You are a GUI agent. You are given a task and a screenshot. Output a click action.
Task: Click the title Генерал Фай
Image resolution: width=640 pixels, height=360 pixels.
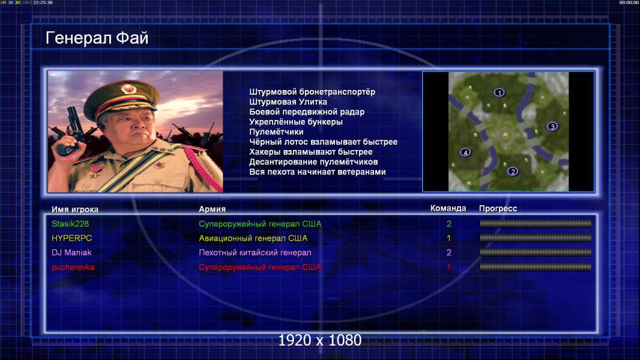point(97,38)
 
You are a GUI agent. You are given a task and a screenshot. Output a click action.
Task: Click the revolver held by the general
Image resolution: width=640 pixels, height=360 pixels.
point(71,130)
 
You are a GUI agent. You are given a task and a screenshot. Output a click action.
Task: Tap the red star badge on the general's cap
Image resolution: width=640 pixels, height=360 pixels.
point(128,88)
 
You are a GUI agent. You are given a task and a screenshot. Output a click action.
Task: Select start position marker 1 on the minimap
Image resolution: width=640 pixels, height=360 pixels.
point(499,92)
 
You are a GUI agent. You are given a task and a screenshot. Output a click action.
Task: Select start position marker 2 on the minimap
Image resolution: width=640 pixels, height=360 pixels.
point(513,171)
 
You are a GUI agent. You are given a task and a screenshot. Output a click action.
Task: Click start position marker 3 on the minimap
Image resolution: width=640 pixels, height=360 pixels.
point(552,127)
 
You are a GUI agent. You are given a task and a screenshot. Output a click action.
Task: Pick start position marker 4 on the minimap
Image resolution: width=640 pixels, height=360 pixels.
point(465,152)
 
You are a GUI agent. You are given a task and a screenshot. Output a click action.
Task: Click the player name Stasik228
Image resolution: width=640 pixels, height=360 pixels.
point(70,224)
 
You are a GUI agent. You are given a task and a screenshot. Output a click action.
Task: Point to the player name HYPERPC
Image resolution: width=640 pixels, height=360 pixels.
point(72,238)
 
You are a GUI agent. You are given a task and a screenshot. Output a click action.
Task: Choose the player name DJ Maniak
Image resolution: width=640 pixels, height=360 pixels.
point(71,253)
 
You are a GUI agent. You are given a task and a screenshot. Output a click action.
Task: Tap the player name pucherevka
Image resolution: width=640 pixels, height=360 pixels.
point(73,268)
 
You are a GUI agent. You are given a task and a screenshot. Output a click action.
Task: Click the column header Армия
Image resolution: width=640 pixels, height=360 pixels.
point(213,209)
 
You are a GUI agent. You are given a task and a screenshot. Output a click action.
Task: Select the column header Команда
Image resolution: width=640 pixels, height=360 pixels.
point(448,208)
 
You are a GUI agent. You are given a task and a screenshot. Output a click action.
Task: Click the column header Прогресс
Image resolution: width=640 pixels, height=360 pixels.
point(498,209)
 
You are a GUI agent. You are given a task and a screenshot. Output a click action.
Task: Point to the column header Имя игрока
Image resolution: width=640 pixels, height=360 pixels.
point(74,209)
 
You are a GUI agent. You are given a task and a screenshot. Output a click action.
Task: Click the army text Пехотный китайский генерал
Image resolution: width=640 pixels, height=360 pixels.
point(255,253)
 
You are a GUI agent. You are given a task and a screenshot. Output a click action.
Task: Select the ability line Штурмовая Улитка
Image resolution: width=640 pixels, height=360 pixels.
point(288,102)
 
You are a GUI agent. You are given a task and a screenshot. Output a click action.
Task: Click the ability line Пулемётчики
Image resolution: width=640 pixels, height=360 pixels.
point(276,132)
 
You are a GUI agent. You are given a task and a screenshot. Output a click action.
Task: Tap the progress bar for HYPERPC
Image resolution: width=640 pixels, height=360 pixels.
point(536,238)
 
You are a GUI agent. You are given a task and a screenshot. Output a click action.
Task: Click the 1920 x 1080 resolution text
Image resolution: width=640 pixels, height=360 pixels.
point(320,340)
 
